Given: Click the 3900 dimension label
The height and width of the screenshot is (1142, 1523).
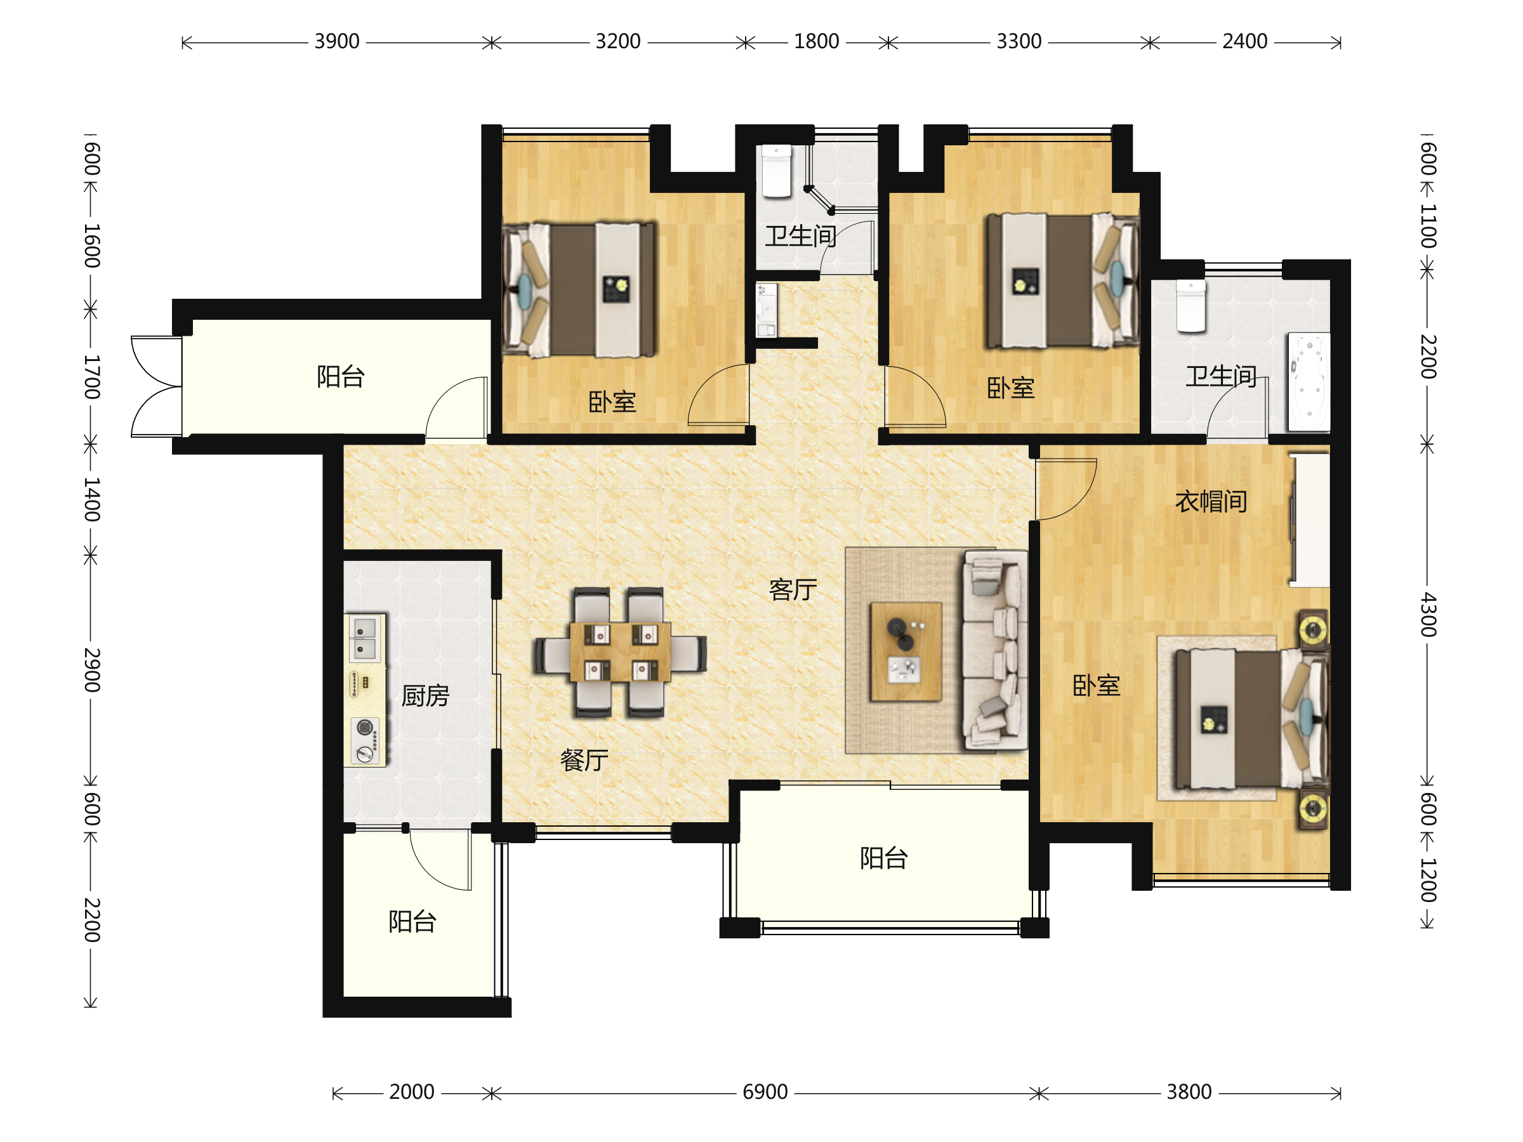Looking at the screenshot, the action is click(337, 42).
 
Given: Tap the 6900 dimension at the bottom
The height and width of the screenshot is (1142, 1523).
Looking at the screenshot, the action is click(765, 1093).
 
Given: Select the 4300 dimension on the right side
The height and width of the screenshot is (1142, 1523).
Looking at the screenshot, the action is click(1428, 614).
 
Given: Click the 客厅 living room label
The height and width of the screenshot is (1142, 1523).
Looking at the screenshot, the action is click(793, 590).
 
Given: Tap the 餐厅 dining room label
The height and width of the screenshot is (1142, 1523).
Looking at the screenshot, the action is click(584, 760).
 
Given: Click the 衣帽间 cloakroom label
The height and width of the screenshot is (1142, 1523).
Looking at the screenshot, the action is click(1211, 501).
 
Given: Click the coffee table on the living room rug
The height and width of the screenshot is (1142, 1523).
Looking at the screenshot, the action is click(906, 651).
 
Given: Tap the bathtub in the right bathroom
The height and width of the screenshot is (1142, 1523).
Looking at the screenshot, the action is click(1309, 382).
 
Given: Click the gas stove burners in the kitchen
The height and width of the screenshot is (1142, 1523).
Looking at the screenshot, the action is click(365, 740).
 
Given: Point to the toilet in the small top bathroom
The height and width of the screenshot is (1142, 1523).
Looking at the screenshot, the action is click(777, 171).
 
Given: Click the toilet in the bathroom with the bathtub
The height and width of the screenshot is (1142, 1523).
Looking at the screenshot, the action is click(1190, 306).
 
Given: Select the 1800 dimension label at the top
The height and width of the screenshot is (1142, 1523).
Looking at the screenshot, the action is click(817, 42).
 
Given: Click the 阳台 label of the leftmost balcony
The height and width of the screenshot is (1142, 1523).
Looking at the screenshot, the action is click(341, 376).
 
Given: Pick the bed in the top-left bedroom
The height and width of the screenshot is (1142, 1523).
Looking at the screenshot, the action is click(580, 289).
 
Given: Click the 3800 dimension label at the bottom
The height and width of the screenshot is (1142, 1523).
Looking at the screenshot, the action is click(1189, 1093).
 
